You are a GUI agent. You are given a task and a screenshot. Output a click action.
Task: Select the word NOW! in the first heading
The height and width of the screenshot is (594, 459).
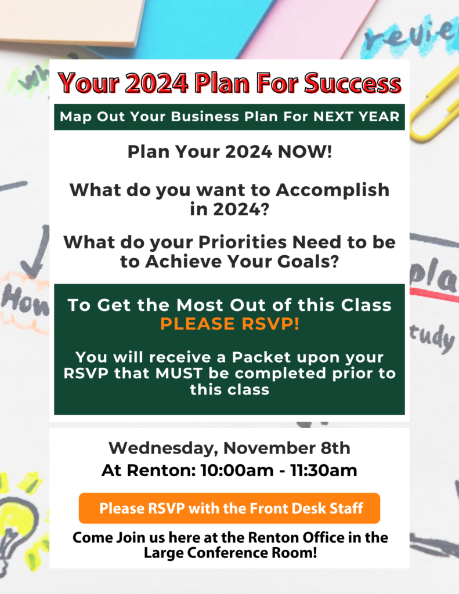click(305, 151)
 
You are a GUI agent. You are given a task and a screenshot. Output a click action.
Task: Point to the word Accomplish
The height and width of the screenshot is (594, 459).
click(332, 190)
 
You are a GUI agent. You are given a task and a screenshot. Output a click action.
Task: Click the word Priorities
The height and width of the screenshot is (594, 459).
click(243, 242)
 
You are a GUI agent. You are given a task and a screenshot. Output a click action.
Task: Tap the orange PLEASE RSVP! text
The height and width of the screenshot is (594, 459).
click(230, 324)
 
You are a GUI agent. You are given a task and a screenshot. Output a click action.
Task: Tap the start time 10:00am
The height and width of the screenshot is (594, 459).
click(237, 470)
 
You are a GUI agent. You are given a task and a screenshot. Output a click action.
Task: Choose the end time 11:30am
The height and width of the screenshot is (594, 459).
click(324, 470)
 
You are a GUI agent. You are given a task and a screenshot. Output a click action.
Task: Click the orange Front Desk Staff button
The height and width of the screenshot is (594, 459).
click(229, 508)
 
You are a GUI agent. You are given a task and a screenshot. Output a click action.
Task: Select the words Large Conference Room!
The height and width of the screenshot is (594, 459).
click(230, 553)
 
